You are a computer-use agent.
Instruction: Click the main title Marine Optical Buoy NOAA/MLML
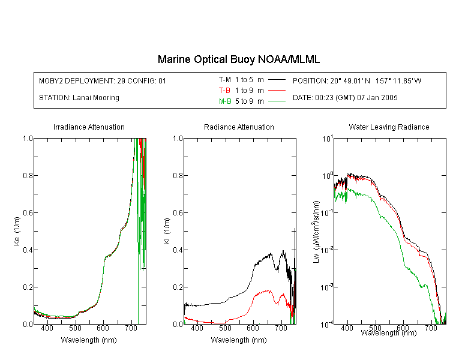(238, 59)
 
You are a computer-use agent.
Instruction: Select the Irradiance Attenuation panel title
(89, 127)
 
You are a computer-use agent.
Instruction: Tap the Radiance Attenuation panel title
(239, 127)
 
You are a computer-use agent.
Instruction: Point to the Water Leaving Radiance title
(389, 127)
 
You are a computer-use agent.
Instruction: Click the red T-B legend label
(224, 91)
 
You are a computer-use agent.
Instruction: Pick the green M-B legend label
(225, 101)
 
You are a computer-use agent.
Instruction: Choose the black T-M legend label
(225, 80)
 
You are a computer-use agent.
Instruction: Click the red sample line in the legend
(277, 91)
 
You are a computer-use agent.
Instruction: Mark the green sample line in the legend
(277, 101)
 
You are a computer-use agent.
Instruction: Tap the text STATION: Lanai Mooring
(79, 98)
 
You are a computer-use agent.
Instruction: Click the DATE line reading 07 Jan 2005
(345, 98)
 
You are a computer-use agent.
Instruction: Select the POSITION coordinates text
(357, 80)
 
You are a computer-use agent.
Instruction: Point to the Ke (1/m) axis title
(17, 231)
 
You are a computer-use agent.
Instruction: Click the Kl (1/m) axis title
(167, 231)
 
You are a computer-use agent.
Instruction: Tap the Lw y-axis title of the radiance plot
(316, 232)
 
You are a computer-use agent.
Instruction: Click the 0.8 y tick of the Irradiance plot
(28, 175)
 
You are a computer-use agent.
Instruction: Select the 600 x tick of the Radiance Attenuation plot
(253, 328)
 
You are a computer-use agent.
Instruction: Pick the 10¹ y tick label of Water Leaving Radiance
(327, 139)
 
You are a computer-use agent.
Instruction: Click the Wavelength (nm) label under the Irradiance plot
(89, 340)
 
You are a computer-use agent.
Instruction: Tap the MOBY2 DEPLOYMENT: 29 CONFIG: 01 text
(103, 80)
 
